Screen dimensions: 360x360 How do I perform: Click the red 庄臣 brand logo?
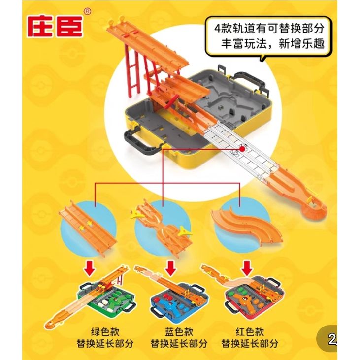[55, 27]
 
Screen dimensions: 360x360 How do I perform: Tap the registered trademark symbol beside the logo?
[88, 11]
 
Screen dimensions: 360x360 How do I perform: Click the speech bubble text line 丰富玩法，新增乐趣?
[272, 44]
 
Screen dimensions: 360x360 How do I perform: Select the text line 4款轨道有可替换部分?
[269, 29]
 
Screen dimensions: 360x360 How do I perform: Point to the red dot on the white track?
[242, 149]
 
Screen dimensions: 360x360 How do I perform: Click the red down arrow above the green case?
[91, 268]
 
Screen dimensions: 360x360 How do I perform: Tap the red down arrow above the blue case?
[170, 268]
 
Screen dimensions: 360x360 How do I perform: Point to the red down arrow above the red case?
[247, 268]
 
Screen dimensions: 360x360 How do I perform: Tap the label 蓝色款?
[179, 332]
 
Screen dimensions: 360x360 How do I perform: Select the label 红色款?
[250, 332]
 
